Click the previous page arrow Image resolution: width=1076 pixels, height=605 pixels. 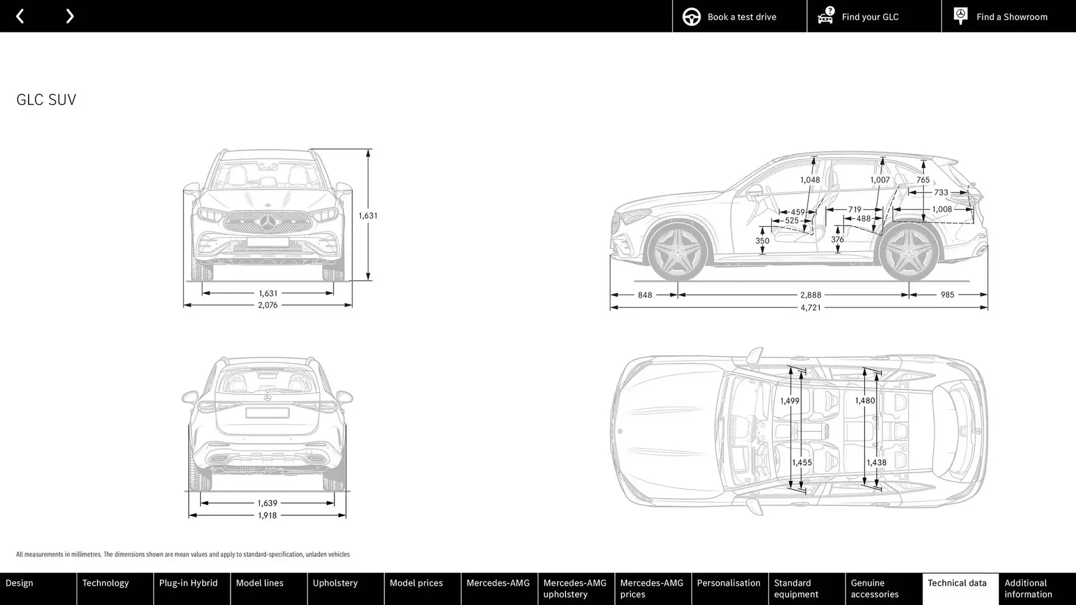20,16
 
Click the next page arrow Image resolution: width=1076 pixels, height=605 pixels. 69,16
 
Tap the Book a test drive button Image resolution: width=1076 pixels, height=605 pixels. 739,16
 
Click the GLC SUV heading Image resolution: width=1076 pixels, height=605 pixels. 46,99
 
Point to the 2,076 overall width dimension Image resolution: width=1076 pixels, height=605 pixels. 267,305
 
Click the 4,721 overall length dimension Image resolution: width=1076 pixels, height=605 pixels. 810,308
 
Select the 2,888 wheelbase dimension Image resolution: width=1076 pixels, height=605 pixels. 810,295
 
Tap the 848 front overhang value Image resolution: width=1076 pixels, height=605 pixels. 644,295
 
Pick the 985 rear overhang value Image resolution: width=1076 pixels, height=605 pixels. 947,295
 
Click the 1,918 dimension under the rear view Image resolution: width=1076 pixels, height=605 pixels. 267,515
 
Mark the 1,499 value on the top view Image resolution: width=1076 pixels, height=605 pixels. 790,401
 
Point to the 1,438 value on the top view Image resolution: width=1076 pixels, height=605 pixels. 876,463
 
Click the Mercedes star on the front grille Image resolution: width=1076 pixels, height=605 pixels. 268,222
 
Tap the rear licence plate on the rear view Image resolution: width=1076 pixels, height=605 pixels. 267,413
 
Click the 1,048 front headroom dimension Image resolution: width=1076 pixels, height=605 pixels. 810,180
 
